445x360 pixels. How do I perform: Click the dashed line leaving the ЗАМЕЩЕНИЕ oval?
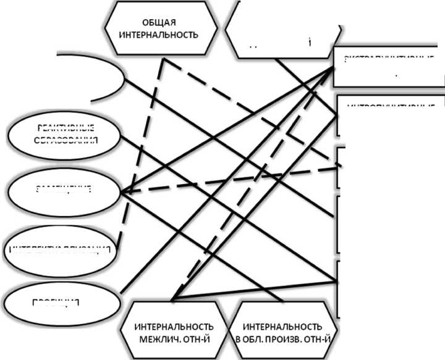click(x=235, y=178)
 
